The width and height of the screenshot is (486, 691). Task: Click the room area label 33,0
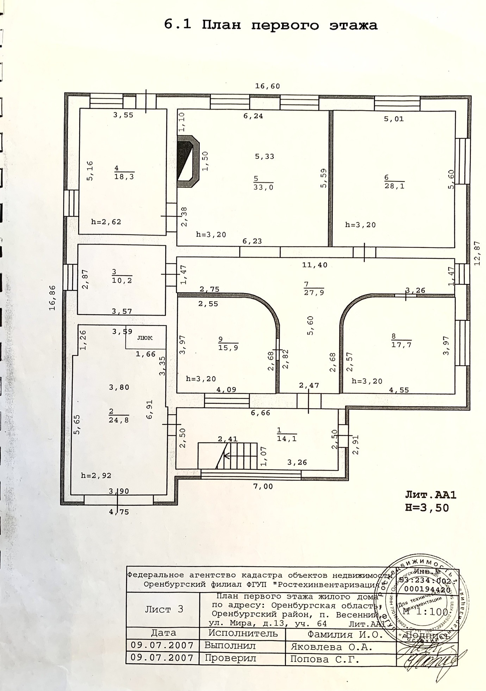[263, 187]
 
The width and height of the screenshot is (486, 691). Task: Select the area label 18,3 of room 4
[124, 176]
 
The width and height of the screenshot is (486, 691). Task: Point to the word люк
[144, 337]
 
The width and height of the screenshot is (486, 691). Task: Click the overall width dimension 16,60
[268, 86]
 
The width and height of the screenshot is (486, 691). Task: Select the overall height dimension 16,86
[52, 298]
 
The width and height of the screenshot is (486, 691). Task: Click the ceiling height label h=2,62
[106, 222]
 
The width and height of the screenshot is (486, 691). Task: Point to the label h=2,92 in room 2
[96, 476]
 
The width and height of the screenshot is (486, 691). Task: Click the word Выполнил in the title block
[230, 646]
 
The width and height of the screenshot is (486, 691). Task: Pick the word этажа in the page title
[353, 25]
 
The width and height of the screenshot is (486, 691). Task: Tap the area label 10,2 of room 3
[122, 280]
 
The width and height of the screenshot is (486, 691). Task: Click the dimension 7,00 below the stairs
[263, 487]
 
